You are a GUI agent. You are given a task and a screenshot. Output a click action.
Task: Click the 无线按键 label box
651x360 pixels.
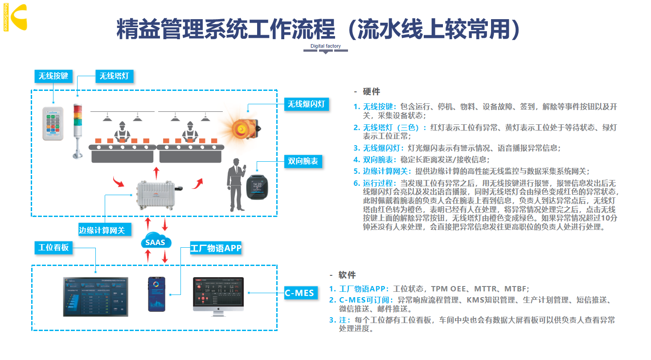[x=53, y=76]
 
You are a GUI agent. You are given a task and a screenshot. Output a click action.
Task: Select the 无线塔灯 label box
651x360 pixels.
[x=114, y=76]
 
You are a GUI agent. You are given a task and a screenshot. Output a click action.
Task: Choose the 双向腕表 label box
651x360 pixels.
[x=303, y=161]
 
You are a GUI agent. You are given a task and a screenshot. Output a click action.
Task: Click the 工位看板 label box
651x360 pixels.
[x=53, y=247]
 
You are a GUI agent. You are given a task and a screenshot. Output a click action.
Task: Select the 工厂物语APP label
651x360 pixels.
[x=216, y=248]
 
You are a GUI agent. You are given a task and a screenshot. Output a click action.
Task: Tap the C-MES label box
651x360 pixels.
[x=299, y=293]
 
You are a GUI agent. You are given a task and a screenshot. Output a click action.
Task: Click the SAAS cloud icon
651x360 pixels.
[x=156, y=242]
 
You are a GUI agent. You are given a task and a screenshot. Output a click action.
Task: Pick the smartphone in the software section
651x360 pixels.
[x=156, y=294]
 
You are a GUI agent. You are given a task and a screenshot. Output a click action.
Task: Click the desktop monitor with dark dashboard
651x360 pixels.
[x=218, y=295]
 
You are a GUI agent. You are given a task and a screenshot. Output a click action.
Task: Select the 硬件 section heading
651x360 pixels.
[x=371, y=92]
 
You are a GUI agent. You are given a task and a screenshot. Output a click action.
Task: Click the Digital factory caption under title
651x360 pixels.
[x=325, y=46]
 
